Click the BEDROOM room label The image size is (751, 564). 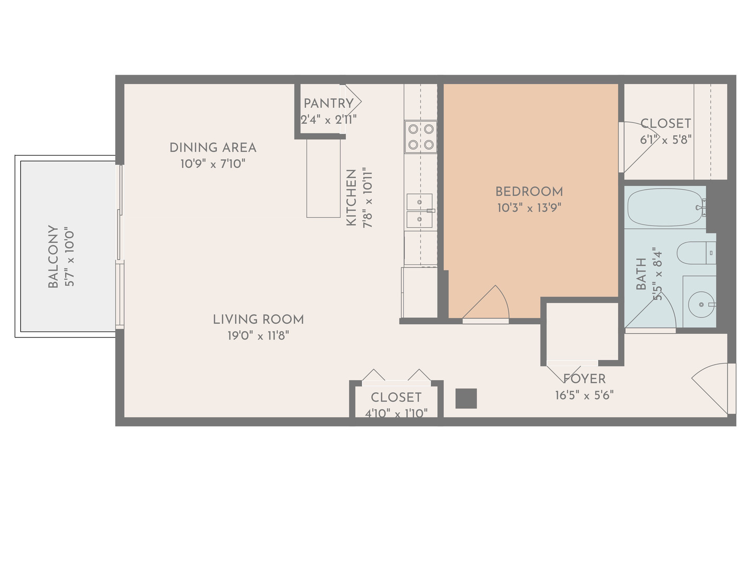[529, 192]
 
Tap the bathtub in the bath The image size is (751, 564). [665, 207]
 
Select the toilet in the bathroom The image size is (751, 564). [696, 253]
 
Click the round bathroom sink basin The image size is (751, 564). [701, 304]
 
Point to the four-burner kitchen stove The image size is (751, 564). [420, 137]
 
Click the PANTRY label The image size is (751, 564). [329, 103]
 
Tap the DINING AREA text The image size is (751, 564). [213, 148]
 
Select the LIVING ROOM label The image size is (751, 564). [258, 320]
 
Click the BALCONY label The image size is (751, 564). [53, 256]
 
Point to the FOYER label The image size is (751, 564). [585, 379]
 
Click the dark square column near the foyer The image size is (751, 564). [466, 398]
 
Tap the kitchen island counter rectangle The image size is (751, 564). [323, 178]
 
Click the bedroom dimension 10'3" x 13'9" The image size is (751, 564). [529, 208]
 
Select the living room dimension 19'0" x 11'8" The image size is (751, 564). [258, 336]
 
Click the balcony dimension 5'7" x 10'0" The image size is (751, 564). [69, 256]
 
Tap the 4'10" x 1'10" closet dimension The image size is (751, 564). [396, 414]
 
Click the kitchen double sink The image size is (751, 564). [419, 210]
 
